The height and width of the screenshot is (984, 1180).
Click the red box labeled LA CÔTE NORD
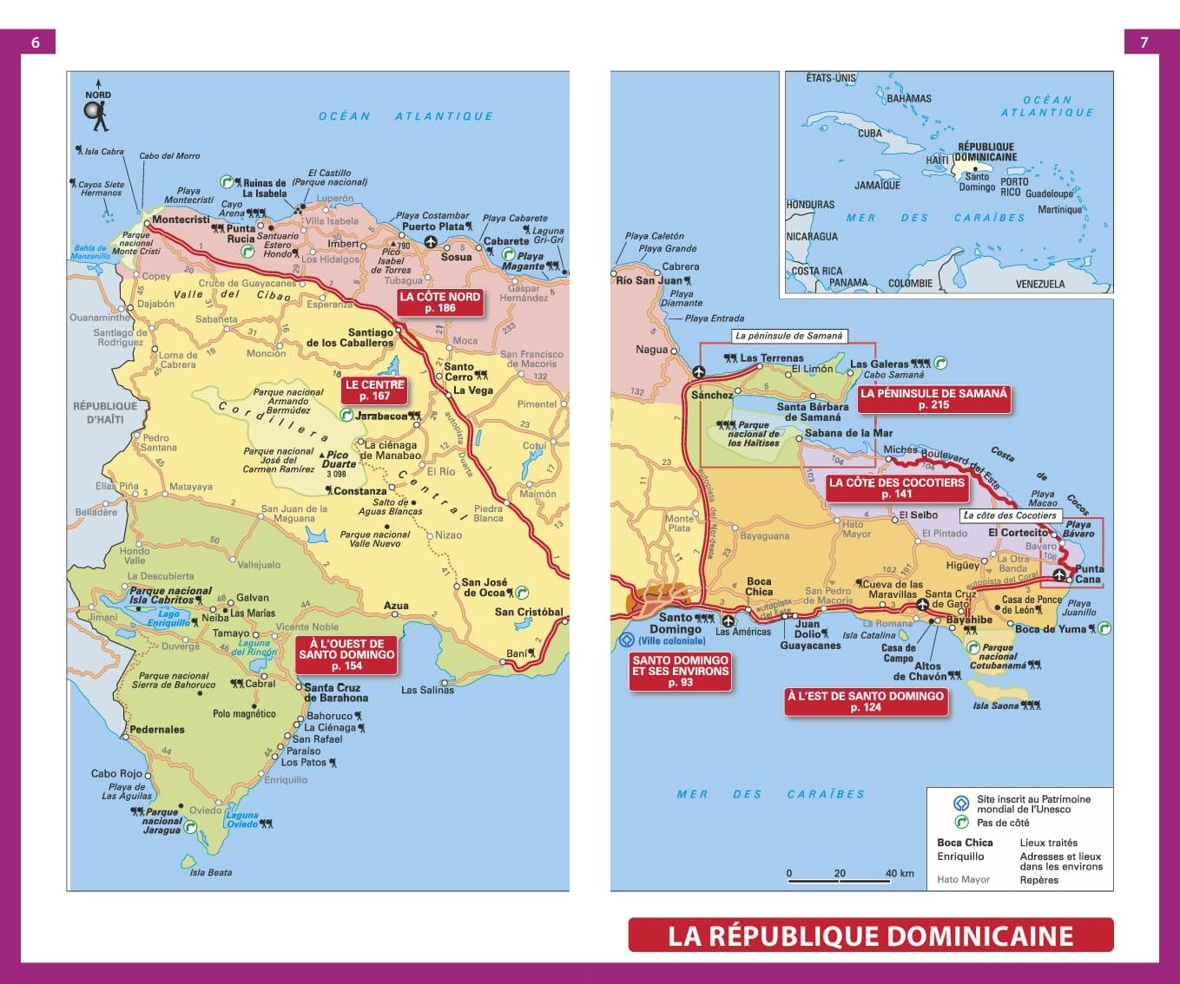coord(439,302)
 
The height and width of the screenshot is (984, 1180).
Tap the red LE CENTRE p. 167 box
coord(374,390)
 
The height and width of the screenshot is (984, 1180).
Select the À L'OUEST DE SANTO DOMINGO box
coord(346,655)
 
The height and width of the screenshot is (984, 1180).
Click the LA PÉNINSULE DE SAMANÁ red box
coord(933,399)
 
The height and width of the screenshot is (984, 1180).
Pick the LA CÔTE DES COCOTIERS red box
coord(896,488)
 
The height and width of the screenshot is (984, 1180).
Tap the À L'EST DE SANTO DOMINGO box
coord(865,701)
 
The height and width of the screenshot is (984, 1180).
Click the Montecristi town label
coord(181,220)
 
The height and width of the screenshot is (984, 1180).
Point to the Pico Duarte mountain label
coord(338,460)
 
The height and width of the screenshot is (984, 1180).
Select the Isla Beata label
coord(211,872)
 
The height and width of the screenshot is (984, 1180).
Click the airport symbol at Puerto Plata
coord(431,241)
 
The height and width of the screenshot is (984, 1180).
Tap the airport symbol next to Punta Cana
coord(1059,575)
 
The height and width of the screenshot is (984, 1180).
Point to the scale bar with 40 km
coord(839,881)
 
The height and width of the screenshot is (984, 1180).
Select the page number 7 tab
coord(1144,42)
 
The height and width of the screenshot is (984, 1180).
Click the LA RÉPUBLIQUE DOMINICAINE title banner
coord(870,935)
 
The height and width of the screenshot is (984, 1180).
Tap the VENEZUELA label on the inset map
coord(1039,284)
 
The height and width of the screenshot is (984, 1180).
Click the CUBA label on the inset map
coord(870,134)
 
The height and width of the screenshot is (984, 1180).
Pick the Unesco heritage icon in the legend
coord(961,804)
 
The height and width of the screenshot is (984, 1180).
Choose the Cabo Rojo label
coord(116,773)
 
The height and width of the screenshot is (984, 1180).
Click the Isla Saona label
coord(996,705)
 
